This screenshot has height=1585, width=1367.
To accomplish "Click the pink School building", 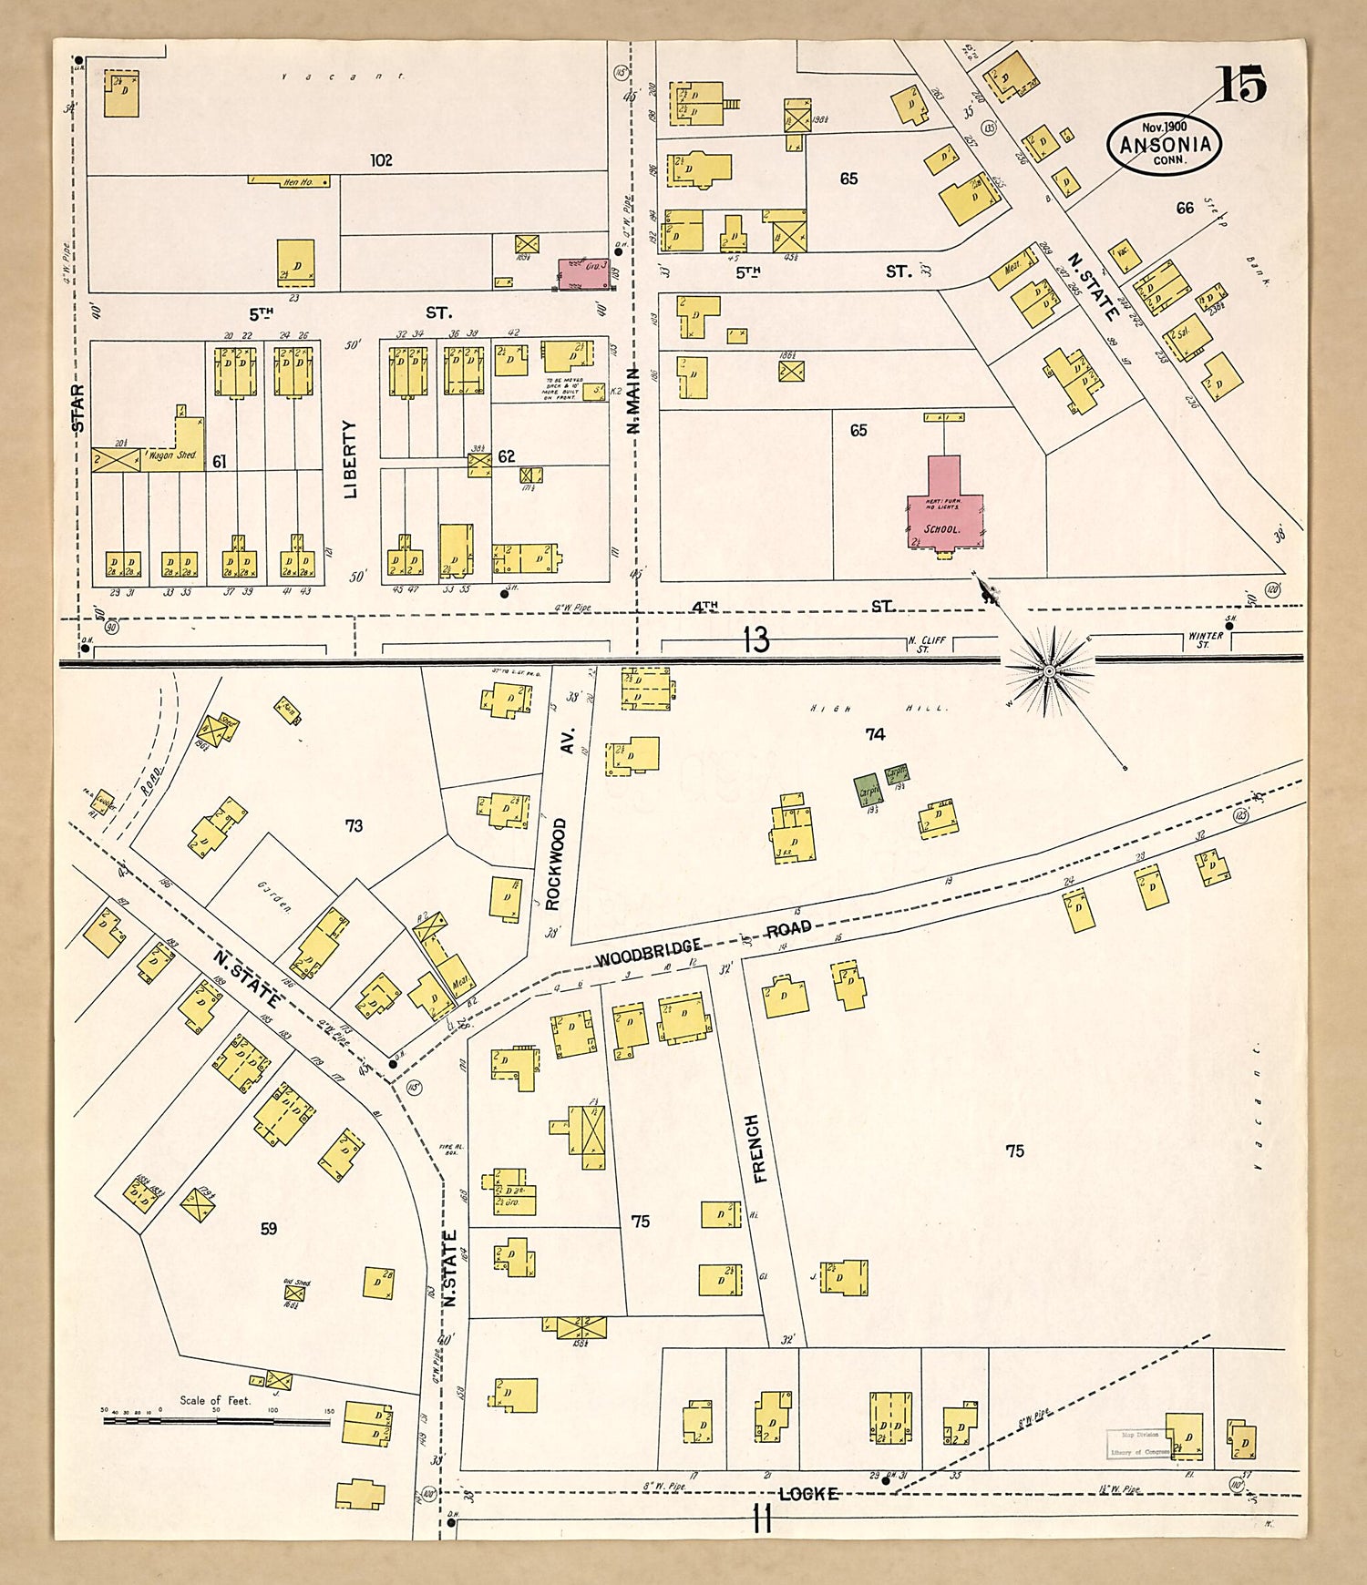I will pos(944,510).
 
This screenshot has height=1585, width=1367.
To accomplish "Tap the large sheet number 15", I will pos(1240,86).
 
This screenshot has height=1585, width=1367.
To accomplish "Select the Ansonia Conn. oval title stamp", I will pos(1165,145).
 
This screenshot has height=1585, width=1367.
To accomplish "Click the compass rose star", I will pos(1048,671).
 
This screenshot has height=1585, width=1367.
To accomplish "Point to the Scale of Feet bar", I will pos(216,1419).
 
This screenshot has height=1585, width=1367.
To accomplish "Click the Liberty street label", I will pos(351,458).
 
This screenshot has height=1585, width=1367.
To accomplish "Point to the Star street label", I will pos(78,408).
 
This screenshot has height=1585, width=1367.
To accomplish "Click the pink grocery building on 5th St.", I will pos(583,272).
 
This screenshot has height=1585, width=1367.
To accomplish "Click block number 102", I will pos(381,160).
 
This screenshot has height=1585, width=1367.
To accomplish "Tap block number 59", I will pos(269,1229).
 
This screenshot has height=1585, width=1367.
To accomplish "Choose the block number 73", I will pos(354,825).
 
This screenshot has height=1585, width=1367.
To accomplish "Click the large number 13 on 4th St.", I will pos(755,639).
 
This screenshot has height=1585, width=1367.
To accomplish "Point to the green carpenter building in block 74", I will pos(867,791).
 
